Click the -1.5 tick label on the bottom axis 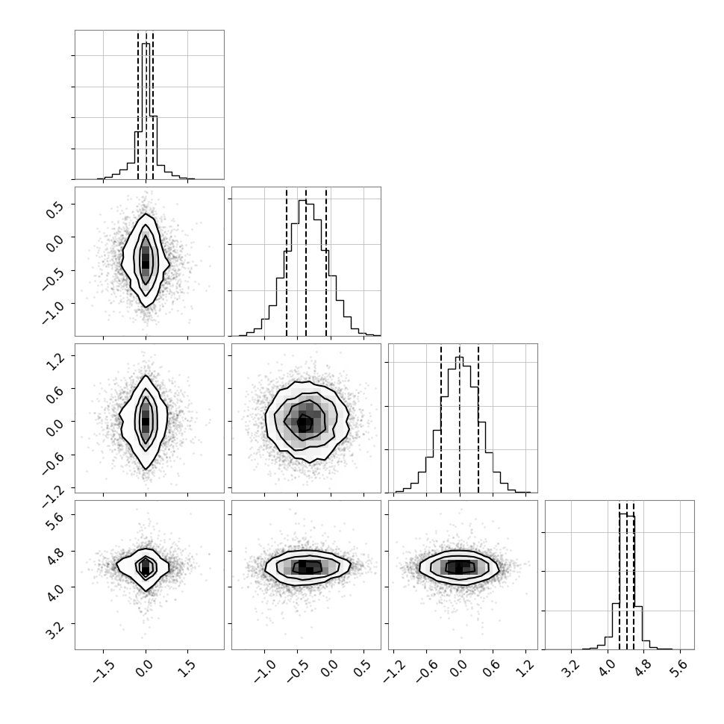[x=104, y=672]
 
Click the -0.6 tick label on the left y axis [x=53, y=463]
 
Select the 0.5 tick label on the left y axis [x=55, y=209]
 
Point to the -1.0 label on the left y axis [x=53, y=312]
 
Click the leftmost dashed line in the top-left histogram [x=138, y=104]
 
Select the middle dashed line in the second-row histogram [x=306, y=261]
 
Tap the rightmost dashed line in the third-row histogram [x=478, y=418]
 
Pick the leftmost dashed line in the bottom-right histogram [x=620, y=575]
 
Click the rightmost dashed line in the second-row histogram [x=326, y=261]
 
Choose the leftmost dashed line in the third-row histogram [x=441, y=418]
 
